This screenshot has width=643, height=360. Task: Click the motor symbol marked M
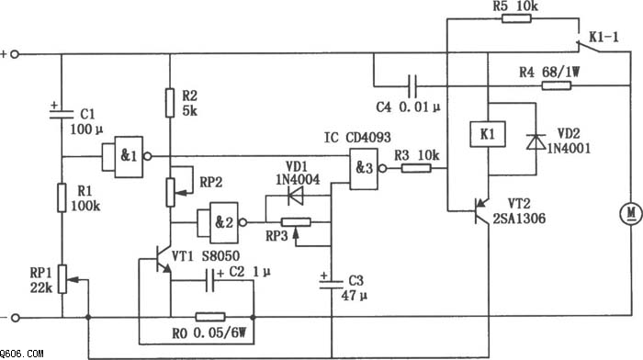coord(630,214)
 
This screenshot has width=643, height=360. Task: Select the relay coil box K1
coord(488,134)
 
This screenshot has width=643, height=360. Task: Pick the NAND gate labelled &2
coord(222,222)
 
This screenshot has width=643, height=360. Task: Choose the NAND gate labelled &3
coord(364,168)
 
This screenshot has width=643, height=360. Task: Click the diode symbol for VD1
coord(296,196)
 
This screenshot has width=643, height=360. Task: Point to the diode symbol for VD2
coord(536,141)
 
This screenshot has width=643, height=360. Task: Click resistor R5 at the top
coord(516,18)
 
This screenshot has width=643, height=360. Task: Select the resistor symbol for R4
coord(557,85)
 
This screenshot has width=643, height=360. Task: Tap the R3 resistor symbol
coord(416,168)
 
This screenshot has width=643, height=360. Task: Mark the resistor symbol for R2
coord(170,103)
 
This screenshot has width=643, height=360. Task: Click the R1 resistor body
coord(62,197)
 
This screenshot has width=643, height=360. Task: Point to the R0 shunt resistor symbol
coord(210,317)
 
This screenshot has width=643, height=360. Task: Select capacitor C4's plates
coord(413,85)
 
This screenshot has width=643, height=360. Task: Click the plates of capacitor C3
coord(332,284)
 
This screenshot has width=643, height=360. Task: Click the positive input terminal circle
coord(15,54)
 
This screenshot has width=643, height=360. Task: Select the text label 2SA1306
coord(520,219)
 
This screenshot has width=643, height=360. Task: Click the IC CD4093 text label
coord(357,138)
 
